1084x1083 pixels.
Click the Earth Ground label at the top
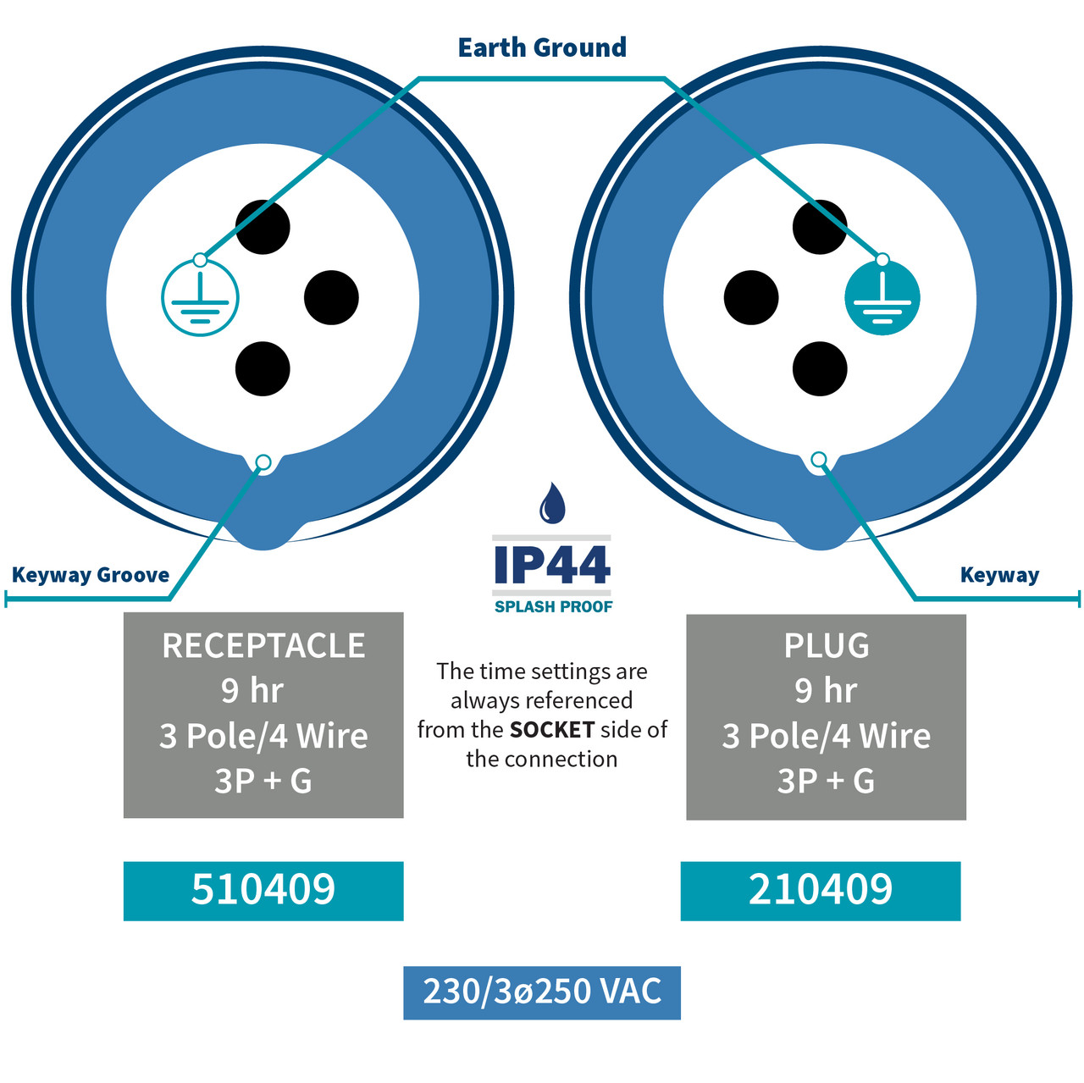click(x=542, y=47)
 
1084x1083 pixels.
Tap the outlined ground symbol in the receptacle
click(x=200, y=297)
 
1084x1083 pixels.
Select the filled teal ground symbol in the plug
click(x=882, y=297)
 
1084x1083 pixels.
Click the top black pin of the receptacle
click(x=263, y=227)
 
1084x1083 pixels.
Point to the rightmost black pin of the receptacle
click(x=331, y=297)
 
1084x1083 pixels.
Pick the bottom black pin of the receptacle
click(x=263, y=368)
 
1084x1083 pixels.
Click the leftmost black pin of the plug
click(x=751, y=297)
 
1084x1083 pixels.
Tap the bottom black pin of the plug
click(x=820, y=368)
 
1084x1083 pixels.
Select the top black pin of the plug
click(x=820, y=227)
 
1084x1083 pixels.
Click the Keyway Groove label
click(x=91, y=575)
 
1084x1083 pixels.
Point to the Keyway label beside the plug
click(x=999, y=575)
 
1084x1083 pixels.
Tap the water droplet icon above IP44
click(x=552, y=502)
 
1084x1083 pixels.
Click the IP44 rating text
click(x=552, y=565)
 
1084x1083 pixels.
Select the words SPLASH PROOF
click(x=554, y=607)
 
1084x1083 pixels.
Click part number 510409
click(x=263, y=889)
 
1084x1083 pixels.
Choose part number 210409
click(x=820, y=889)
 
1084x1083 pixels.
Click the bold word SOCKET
click(x=552, y=730)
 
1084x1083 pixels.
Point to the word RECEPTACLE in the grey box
click(x=263, y=645)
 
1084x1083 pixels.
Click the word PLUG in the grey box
click(x=827, y=645)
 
